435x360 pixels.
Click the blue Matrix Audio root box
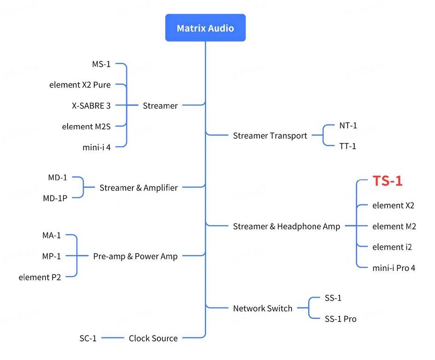(205, 28)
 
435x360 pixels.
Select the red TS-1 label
(388, 181)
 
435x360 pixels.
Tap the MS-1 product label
(101, 64)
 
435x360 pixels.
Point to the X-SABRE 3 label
(92, 105)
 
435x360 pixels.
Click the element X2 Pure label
(80, 85)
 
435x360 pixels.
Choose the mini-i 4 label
(97, 147)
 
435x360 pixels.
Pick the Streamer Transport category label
(270, 136)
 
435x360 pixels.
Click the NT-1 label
(348, 126)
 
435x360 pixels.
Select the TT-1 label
(348, 146)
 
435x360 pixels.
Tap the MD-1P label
(55, 198)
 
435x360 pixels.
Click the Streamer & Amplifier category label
(138, 188)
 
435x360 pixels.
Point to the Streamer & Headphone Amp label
(286, 226)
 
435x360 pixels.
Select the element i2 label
(392, 247)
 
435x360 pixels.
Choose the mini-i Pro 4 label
(394, 268)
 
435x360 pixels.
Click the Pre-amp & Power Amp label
(135, 256)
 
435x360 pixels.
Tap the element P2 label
(40, 277)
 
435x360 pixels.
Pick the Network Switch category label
(262, 308)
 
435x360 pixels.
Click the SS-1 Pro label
(340, 319)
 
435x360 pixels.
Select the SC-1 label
(88, 338)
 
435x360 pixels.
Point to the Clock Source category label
(153, 338)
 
